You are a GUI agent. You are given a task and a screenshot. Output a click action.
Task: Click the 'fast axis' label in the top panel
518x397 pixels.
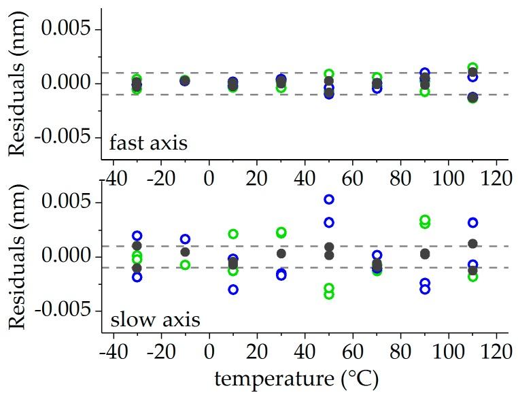pos(148,143)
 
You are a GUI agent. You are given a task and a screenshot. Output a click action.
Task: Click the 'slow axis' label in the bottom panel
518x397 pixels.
pos(154,318)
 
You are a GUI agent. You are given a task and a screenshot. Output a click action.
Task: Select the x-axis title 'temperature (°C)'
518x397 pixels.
pos(296,379)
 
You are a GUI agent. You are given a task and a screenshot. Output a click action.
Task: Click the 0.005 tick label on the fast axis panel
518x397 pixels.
pos(71,29)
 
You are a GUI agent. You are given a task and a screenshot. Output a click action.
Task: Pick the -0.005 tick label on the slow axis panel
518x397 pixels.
pos(67,311)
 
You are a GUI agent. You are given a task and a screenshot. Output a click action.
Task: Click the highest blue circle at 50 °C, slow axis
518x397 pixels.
pos(329,199)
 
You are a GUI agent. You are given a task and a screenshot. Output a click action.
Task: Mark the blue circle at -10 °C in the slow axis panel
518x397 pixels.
pos(185,239)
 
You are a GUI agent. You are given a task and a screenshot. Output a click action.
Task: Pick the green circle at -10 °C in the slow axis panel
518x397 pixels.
pos(185,264)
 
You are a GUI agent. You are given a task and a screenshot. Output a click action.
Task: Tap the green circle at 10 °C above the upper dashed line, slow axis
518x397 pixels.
pos(233,234)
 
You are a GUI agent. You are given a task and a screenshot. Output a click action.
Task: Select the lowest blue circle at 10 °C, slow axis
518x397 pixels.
pos(233,290)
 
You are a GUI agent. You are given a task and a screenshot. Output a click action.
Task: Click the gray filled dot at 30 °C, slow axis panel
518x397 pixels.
pos(281,254)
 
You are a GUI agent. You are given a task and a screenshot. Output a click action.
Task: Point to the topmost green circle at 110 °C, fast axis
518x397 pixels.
pos(473,67)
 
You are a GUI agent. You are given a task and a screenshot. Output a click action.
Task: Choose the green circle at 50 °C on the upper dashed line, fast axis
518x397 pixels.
pos(329,73)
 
